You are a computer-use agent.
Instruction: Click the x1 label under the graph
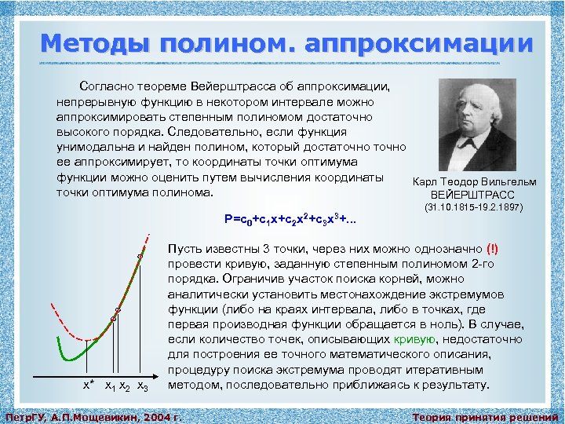click(x=111, y=386)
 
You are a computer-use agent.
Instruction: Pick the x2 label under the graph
click(x=126, y=386)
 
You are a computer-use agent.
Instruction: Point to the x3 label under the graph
click(x=142, y=386)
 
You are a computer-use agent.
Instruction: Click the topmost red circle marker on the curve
click(x=140, y=256)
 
